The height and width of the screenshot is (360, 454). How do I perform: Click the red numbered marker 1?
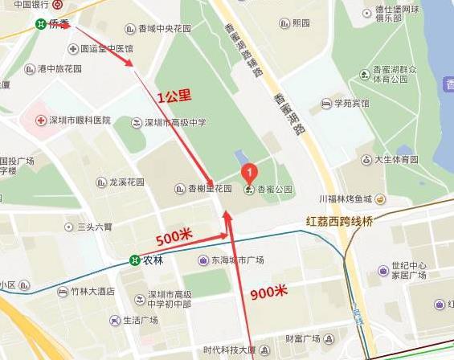pyautogui.click(x=250, y=171)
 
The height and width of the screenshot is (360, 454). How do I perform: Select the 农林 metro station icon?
pyautogui.click(x=135, y=260)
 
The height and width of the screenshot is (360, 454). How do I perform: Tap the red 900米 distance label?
pyautogui.click(x=268, y=292)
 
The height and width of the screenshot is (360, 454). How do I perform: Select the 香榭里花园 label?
pyautogui.click(x=210, y=190)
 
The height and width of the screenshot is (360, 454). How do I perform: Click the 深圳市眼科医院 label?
pyautogui.click(x=79, y=121)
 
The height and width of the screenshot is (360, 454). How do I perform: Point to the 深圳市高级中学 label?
pyautogui.click(x=175, y=123)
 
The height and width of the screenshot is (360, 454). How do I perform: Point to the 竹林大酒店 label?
pyautogui.click(x=92, y=292)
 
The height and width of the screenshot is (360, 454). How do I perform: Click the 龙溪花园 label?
pyautogui.click(x=126, y=182)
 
